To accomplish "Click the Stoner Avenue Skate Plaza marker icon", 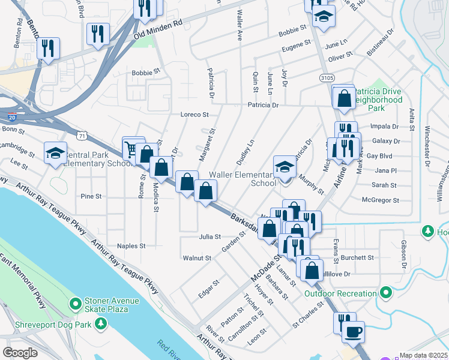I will (x=75, y=304).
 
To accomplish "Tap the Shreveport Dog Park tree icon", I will (x=101, y=324).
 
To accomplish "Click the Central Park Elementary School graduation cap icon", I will (x=55, y=153).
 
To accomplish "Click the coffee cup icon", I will (x=353, y=330).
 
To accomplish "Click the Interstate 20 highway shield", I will (x=12, y=116).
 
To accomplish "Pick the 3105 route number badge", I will (x=327, y=77).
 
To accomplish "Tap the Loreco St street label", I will (x=194, y=114).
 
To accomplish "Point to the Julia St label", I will (x=210, y=237).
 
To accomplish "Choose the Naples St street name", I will (x=131, y=246).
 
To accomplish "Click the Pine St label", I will (x=91, y=196).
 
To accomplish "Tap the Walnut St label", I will (x=197, y=258).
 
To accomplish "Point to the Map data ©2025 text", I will (x=424, y=355).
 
